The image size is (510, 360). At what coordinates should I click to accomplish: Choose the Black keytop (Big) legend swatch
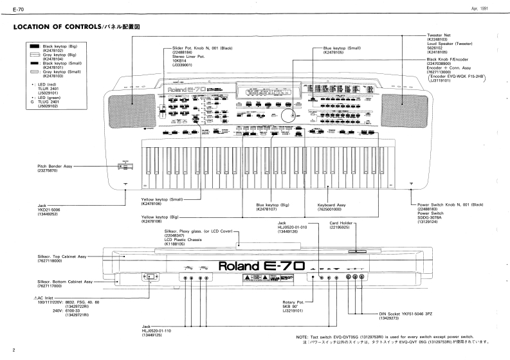tap(30, 47)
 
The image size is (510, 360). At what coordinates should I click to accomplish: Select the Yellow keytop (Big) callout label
tap(159, 218)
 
